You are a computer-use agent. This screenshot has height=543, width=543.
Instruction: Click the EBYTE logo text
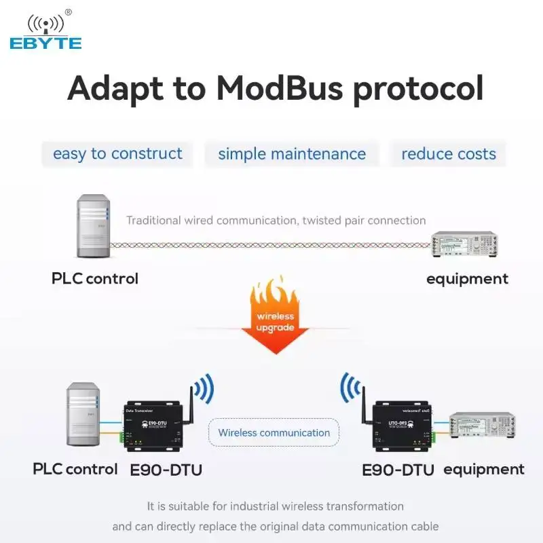click(x=45, y=43)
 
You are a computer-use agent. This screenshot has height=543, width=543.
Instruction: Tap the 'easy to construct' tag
click(x=117, y=154)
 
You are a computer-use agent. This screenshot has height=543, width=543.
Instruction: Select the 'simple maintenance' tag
click(x=292, y=154)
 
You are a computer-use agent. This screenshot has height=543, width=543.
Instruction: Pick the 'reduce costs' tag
click(x=449, y=154)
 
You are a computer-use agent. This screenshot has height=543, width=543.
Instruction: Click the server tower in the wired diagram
click(x=93, y=226)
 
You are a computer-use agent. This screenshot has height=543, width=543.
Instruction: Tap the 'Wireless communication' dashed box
click(x=274, y=432)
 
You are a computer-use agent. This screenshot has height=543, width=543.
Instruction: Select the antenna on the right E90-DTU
click(x=362, y=400)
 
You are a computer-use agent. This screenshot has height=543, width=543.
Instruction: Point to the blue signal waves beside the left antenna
click(x=203, y=389)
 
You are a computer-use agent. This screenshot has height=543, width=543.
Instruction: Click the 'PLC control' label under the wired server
click(x=95, y=278)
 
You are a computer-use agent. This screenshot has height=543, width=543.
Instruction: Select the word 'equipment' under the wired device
click(x=467, y=278)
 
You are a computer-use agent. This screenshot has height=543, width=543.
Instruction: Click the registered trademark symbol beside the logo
click(x=68, y=12)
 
